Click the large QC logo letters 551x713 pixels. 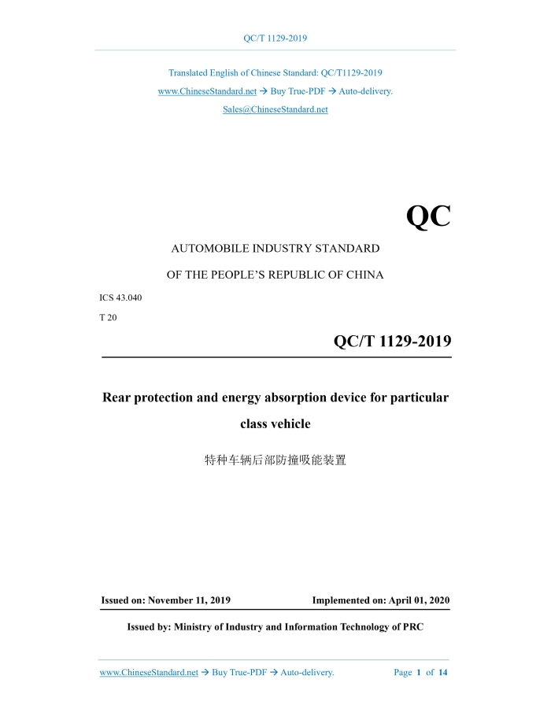pos(428,216)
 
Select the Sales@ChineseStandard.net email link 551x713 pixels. pos(275,109)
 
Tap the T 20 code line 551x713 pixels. pos(109,317)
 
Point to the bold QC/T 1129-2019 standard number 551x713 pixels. pos(392,341)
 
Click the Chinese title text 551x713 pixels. pos(275,460)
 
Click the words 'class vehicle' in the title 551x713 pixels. pos(275,424)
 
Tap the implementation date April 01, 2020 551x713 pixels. pos(419,600)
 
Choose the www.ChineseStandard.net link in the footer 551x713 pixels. pos(149,673)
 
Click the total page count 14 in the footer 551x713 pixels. pos(442,673)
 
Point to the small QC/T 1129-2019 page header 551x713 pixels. pos(275,38)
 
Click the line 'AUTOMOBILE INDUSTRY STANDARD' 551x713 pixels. pos(275,249)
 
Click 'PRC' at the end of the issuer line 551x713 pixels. pos(412,627)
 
